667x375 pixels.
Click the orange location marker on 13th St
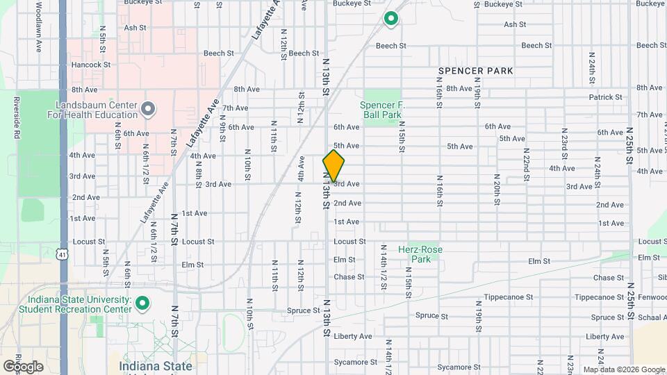click(333, 166)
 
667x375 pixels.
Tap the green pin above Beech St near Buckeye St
click(391, 19)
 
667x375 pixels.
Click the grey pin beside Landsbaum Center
click(147, 109)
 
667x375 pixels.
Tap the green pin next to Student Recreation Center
click(142, 303)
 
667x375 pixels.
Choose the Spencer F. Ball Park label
click(381, 110)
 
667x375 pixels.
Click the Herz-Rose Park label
click(420, 254)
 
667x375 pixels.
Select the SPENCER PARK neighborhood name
click(476, 71)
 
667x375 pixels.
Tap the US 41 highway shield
click(63, 254)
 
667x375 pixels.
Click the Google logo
click(23, 366)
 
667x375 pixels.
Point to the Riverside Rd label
click(15, 118)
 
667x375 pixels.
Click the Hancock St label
click(91, 65)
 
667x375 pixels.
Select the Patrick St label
click(605, 98)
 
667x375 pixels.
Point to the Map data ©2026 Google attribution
click(624, 369)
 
